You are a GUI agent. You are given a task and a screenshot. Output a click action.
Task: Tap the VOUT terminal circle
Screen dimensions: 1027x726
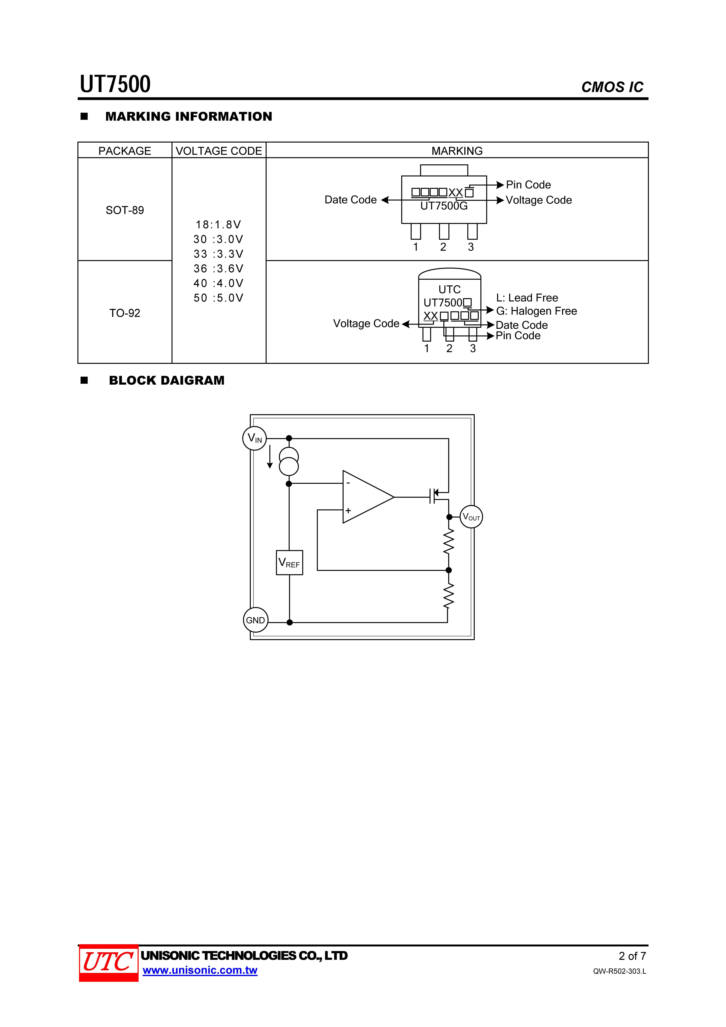[471, 517]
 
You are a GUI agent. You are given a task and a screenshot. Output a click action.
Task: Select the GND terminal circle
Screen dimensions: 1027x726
[255, 620]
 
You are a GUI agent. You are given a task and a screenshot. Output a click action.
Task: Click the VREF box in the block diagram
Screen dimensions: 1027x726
[289, 563]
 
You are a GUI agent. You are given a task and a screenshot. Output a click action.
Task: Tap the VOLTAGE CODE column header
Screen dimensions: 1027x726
[219, 151]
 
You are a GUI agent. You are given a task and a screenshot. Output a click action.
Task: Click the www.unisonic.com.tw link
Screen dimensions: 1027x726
[200, 970]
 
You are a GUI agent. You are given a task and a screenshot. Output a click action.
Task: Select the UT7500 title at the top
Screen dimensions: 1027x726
[115, 84]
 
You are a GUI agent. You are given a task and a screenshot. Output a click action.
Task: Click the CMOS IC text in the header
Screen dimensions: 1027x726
[612, 87]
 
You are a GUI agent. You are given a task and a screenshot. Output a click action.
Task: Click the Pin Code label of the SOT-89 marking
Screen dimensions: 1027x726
[528, 185]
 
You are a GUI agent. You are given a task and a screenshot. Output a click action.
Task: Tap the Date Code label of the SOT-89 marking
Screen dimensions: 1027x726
[351, 200]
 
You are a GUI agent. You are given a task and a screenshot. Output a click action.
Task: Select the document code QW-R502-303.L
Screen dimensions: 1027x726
[620, 971]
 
